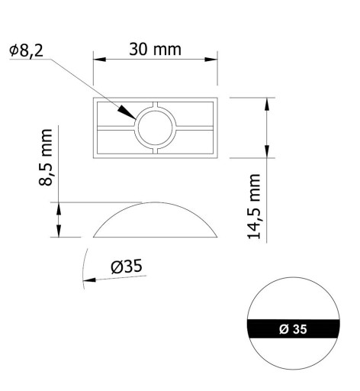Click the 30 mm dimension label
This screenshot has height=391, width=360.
(155, 49)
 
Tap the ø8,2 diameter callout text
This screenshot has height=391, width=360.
(26, 50)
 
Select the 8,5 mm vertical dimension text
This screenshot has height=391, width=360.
(46, 157)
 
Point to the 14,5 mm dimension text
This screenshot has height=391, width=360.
(254, 207)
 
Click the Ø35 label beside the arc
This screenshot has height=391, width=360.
(127, 267)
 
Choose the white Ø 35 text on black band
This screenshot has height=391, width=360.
(293, 329)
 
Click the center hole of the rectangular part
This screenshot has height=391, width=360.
(156, 128)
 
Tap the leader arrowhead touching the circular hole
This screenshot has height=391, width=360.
(127, 112)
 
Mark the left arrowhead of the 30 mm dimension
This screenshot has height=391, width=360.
(99, 60)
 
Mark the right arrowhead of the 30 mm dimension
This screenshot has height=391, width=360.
(211, 60)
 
